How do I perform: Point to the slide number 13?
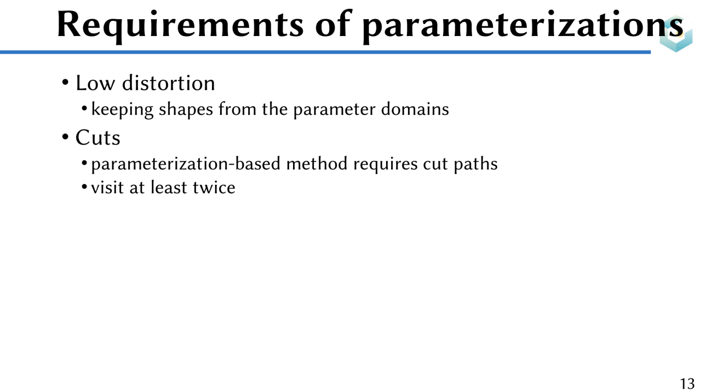pyautogui.click(x=687, y=383)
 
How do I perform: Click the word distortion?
pyautogui.click(x=168, y=83)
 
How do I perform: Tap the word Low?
pyautogui.click(x=95, y=84)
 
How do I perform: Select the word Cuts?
pyautogui.click(x=97, y=138)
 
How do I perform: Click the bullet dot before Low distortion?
pyautogui.click(x=65, y=83)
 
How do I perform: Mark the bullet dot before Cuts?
pyautogui.click(x=65, y=137)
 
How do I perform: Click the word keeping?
pyautogui.click(x=122, y=110)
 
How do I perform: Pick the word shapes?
pyautogui.click(x=186, y=110)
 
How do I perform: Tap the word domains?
pyautogui.click(x=415, y=109)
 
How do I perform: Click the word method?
pyautogui.click(x=317, y=163)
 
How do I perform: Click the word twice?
pyautogui.click(x=214, y=188)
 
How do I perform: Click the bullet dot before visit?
pyautogui.click(x=84, y=187)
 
